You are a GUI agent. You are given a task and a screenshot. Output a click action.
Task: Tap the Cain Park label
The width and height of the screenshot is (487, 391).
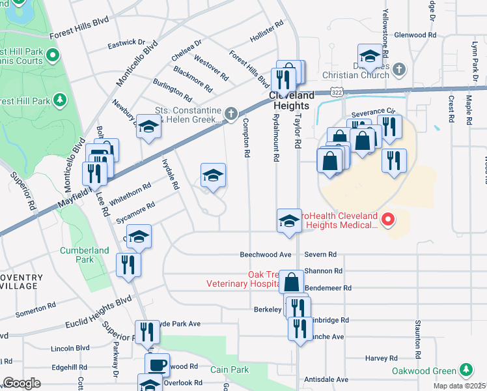pos(229,369)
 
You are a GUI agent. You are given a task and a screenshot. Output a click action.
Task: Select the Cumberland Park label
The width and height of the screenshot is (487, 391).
pos(85,255)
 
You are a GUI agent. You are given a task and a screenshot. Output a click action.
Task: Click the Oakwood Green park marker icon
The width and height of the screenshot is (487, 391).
pos(466,370)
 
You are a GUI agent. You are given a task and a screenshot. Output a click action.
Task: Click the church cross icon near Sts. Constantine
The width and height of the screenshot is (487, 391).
pos(230,115)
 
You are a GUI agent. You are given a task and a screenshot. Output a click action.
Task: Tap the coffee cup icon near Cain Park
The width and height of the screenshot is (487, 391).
pos(157,365)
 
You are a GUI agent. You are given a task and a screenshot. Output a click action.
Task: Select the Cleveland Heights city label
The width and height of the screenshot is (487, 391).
pos(292,100)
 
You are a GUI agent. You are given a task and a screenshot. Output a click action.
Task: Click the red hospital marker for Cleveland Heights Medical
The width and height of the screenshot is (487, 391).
pos(388,220)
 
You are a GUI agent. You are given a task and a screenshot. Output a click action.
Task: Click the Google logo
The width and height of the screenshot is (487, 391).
pos(21,383)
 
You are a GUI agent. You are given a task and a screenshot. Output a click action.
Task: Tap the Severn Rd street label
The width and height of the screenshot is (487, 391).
pos(323,254)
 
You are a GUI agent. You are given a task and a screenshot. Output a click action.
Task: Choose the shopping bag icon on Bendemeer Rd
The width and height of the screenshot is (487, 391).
pos(292,282)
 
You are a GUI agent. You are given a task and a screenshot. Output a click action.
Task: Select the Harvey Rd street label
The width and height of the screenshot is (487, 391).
pos(381,358)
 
